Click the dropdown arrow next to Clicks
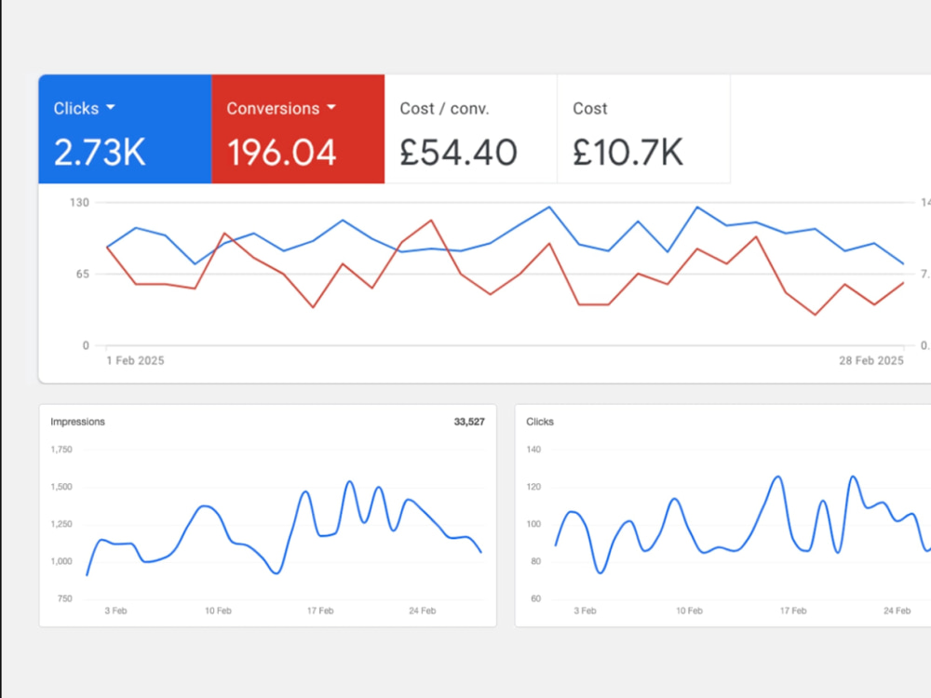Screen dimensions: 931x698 pyautogui.click(x=111, y=107)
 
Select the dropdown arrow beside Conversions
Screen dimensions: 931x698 pyautogui.click(x=331, y=107)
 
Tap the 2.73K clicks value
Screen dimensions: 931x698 pyautogui.click(x=100, y=153)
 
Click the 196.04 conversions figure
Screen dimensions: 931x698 pyautogui.click(x=281, y=153)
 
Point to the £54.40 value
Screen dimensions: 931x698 pyautogui.click(x=458, y=153)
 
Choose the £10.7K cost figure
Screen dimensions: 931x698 pyautogui.click(x=627, y=153)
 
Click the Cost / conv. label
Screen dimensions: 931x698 pyautogui.click(x=444, y=109)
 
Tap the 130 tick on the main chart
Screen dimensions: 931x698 pyautogui.click(x=79, y=202)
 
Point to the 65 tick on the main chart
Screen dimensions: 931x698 pyautogui.click(x=83, y=274)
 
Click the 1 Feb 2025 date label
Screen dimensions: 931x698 pyautogui.click(x=135, y=361)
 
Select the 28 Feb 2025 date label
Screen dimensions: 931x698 pyautogui.click(x=871, y=361)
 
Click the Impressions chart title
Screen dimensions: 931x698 pyautogui.click(x=78, y=422)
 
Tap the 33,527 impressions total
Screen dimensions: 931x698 pyautogui.click(x=469, y=422)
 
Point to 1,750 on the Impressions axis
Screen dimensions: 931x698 pyautogui.click(x=61, y=450)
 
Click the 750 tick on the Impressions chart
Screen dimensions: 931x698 pyautogui.click(x=65, y=598)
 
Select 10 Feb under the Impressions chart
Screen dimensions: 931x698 pyautogui.click(x=218, y=611)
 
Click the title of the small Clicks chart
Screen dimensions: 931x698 pyautogui.click(x=540, y=422)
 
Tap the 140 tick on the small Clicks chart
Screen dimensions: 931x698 pyautogui.click(x=533, y=450)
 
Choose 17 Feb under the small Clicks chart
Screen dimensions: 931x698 pyautogui.click(x=793, y=611)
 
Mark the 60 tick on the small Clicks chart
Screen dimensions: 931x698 pyautogui.click(x=535, y=598)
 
